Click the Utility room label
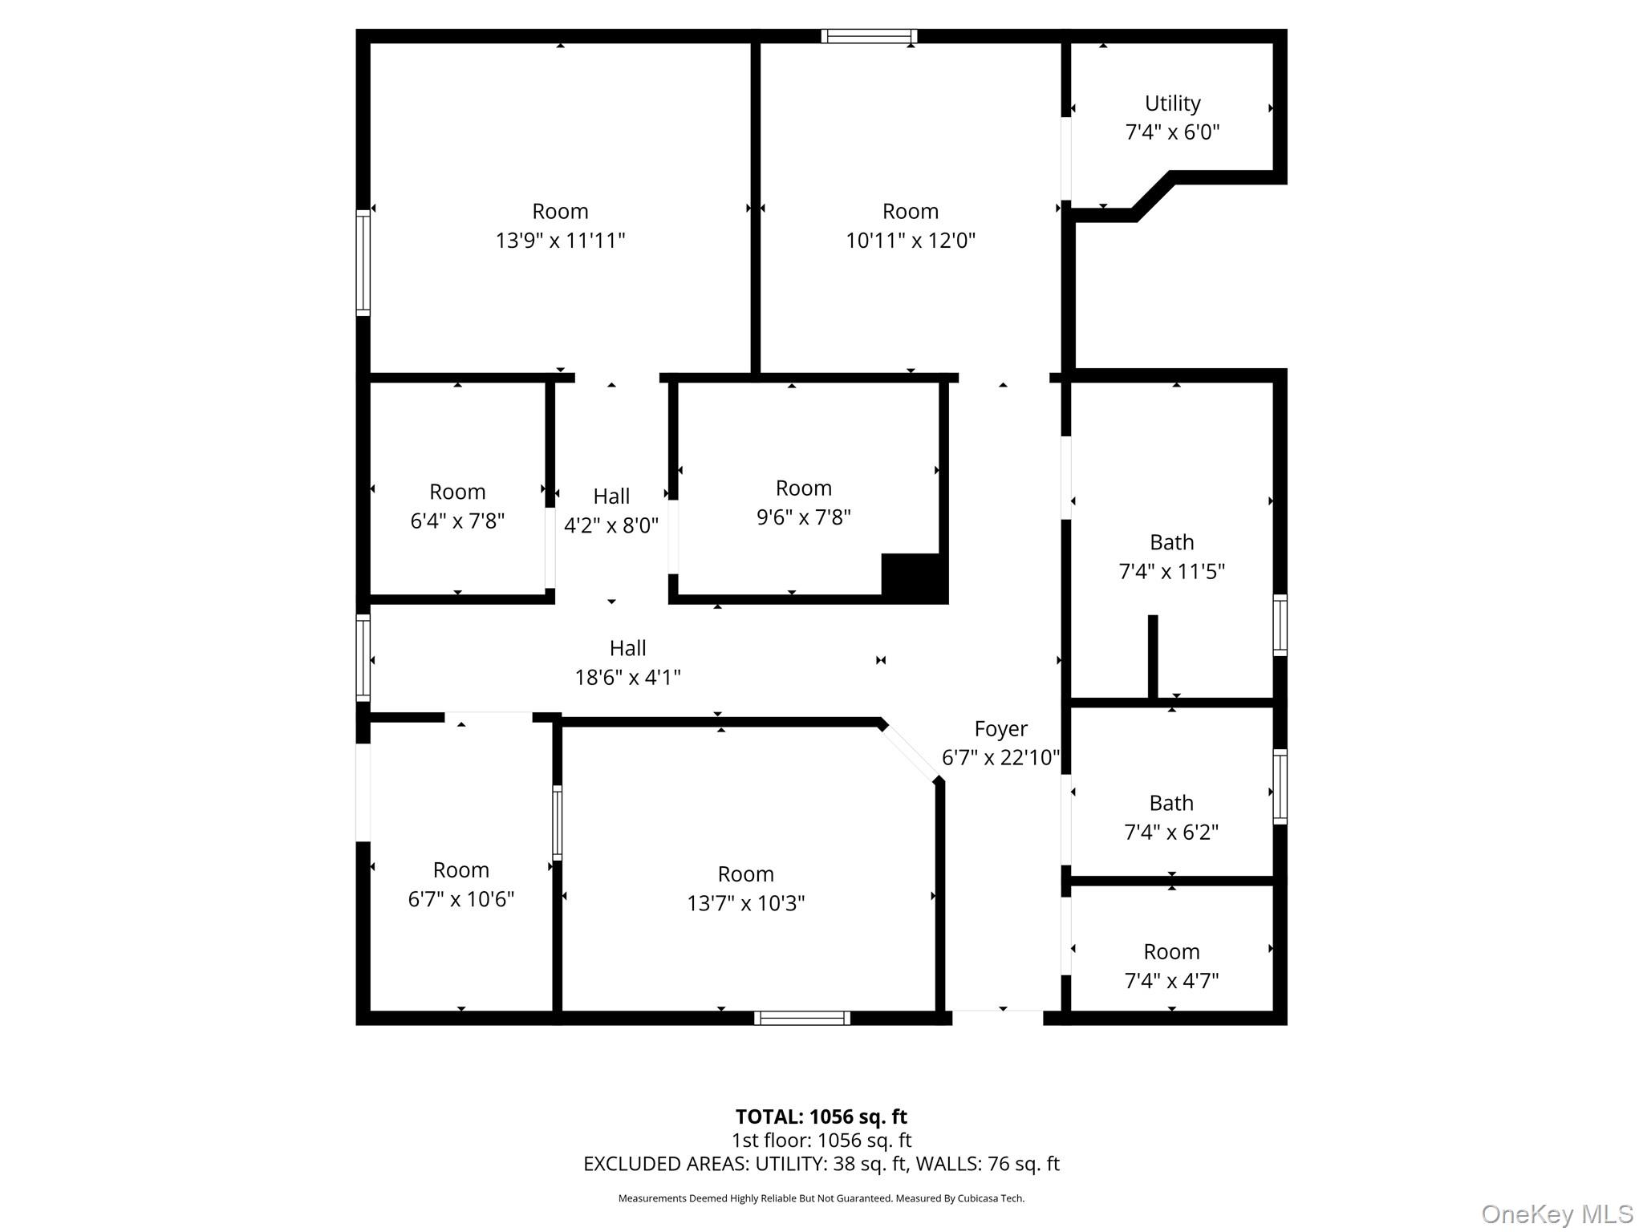[x=1172, y=103]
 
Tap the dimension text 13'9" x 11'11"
[x=560, y=241]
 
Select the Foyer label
[x=1000, y=729]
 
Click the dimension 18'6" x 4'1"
[x=627, y=678]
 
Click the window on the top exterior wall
[x=869, y=36]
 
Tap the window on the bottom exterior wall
[x=801, y=1018]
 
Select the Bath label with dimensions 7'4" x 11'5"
[x=1171, y=543]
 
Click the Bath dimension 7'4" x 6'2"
[x=1171, y=833]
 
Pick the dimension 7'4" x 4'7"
[x=1171, y=981]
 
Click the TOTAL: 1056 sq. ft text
[x=821, y=1116]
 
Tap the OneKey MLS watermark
[x=1557, y=1214]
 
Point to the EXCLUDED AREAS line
[x=821, y=1164]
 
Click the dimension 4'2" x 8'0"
[x=611, y=526]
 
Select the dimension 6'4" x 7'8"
[x=457, y=521]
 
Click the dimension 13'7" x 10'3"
[x=745, y=904]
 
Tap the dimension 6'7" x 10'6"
[x=460, y=899]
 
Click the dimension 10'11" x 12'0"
[x=910, y=241]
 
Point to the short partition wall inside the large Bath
[x=1153, y=656]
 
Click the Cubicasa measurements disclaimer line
[x=821, y=1198]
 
